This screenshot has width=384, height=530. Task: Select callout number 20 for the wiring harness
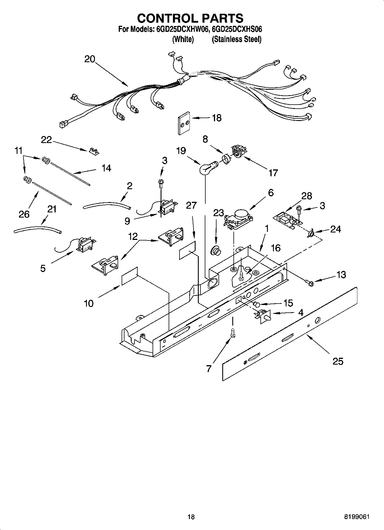(x=89, y=59)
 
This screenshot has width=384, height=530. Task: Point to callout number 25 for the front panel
(x=338, y=361)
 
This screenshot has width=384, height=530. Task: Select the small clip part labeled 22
(x=93, y=151)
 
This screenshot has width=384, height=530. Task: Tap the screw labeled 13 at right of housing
(x=310, y=283)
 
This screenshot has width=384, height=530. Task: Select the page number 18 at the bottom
(x=191, y=517)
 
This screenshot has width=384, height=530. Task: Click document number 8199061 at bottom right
(x=357, y=517)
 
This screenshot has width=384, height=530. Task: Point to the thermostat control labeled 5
(x=84, y=245)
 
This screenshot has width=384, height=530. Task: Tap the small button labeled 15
(x=256, y=304)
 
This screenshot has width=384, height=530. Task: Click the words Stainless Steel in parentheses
(x=237, y=39)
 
